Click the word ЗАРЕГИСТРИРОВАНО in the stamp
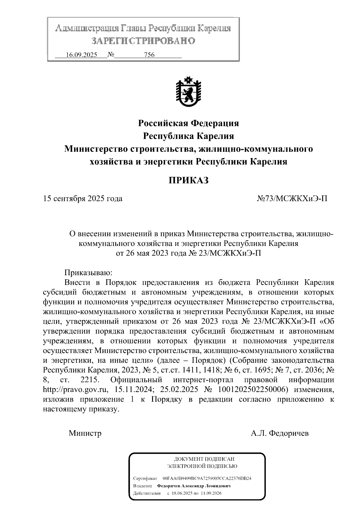[143, 41]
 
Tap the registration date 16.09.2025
[81, 55]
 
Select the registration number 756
[149, 55]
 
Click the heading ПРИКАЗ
[188, 180]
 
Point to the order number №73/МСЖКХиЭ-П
[292, 199]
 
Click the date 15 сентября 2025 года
[83, 199]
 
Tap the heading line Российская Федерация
[188, 123]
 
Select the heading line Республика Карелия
[188, 136]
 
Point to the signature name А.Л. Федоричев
[280, 433]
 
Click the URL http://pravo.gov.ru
[75, 390]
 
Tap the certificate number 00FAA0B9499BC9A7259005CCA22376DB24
[207, 478]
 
